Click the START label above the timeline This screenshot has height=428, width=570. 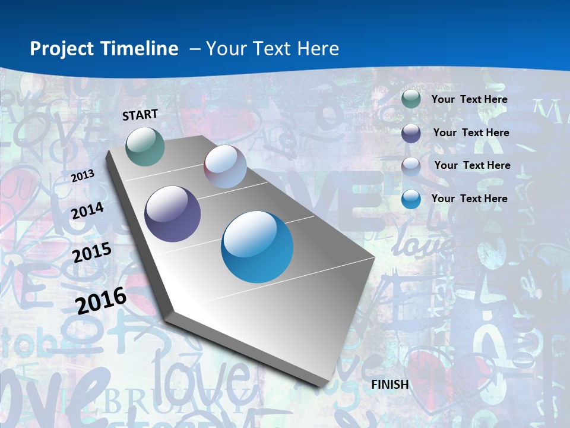click(140, 115)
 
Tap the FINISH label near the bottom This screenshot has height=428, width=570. click(390, 385)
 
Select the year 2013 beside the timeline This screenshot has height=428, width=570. click(83, 175)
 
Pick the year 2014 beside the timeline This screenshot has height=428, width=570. click(87, 211)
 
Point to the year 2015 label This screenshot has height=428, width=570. click(92, 253)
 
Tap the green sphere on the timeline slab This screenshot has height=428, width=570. click(145, 146)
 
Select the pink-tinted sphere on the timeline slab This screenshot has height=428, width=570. click(225, 166)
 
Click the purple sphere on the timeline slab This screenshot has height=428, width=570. click(173, 214)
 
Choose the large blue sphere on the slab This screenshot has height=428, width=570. click(257, 247)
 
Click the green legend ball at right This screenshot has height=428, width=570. click(411, 99)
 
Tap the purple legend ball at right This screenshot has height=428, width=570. click(411, 133)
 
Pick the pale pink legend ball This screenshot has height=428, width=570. click(411, 166)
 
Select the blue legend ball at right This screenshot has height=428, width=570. click(411, 199)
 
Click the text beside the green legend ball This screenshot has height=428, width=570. click(470, 100)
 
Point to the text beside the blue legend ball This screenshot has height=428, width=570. click(470, 199)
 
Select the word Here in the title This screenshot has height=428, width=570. click(318, 49)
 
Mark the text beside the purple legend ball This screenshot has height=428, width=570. click(471, 133)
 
